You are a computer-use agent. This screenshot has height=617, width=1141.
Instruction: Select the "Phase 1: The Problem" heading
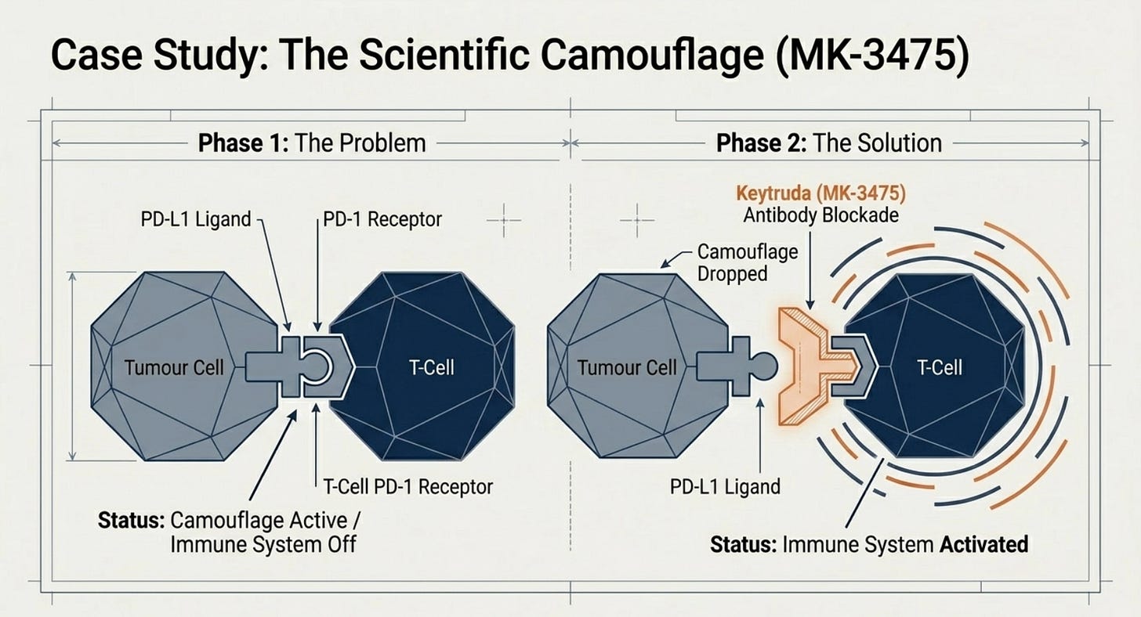(x=312, y=143)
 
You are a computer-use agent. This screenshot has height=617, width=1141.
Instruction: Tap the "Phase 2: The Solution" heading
(x=829, y=143)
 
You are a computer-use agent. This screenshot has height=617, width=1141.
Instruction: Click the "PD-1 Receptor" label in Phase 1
(x=382, y=219)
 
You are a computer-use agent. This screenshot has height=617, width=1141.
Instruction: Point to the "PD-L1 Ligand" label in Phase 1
(x=196, y=219)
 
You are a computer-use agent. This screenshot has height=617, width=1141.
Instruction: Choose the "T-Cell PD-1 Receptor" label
(x=408, y=487)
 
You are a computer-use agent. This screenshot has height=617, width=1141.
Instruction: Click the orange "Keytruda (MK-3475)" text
(x=821, y=193)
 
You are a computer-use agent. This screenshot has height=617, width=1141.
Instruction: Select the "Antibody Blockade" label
(x=821, y=215)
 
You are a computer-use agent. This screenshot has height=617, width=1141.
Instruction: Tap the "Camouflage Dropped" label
(x=748, y=262)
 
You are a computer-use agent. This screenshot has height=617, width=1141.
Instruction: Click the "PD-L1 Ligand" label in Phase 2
(x=725, y=487)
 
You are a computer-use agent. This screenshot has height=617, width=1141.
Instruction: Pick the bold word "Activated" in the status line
(x=983, y=544)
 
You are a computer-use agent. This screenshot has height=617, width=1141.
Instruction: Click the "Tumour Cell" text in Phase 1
(x=174, y=367)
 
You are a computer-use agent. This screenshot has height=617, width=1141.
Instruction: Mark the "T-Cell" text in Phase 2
(x=940, y=367)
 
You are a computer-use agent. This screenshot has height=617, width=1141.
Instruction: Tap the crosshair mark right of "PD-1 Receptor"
(x=504, y=221)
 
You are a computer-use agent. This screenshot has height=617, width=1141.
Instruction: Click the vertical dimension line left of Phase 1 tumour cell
(x=72, y=366)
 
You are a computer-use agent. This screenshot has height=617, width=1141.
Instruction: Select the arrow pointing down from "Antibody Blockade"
(x=810, y=270)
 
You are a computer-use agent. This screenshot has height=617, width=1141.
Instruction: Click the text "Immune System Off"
(x=263, y=545)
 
